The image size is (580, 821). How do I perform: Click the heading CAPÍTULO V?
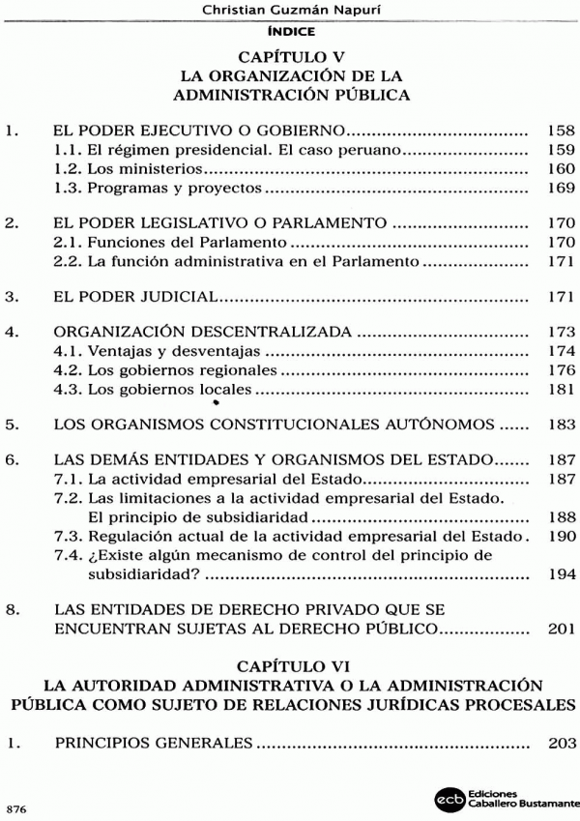tap(291, 57)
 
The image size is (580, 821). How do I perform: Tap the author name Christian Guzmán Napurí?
tap(290, 11)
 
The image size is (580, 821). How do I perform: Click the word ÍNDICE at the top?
tap(290, 31)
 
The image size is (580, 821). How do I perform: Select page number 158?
tap(561, 130)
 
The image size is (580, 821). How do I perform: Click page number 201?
tap(561, 629)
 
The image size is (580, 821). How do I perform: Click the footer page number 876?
tap(16, 806)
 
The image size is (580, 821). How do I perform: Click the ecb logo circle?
tap(449, 799)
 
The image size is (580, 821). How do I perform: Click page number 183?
tap(561, 425)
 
